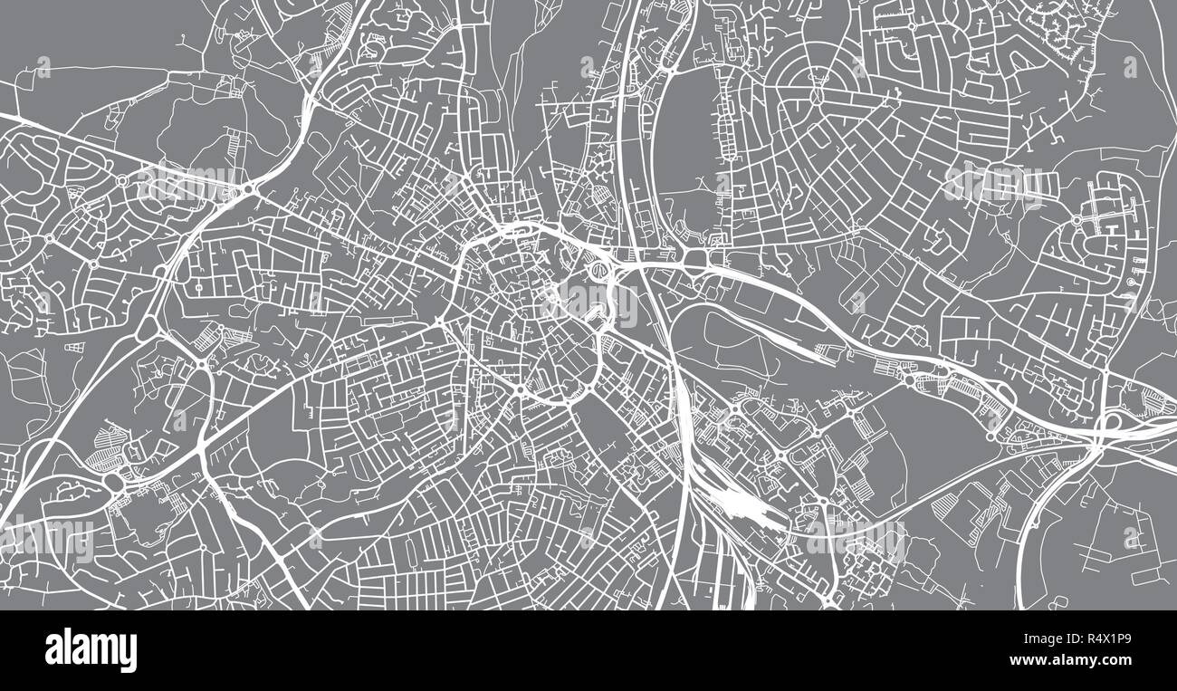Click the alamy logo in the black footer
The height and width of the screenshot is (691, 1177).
click(91, 650)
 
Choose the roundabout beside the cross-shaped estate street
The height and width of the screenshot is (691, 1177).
click(1078, 220)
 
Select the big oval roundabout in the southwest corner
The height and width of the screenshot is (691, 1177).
click(116, 484)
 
